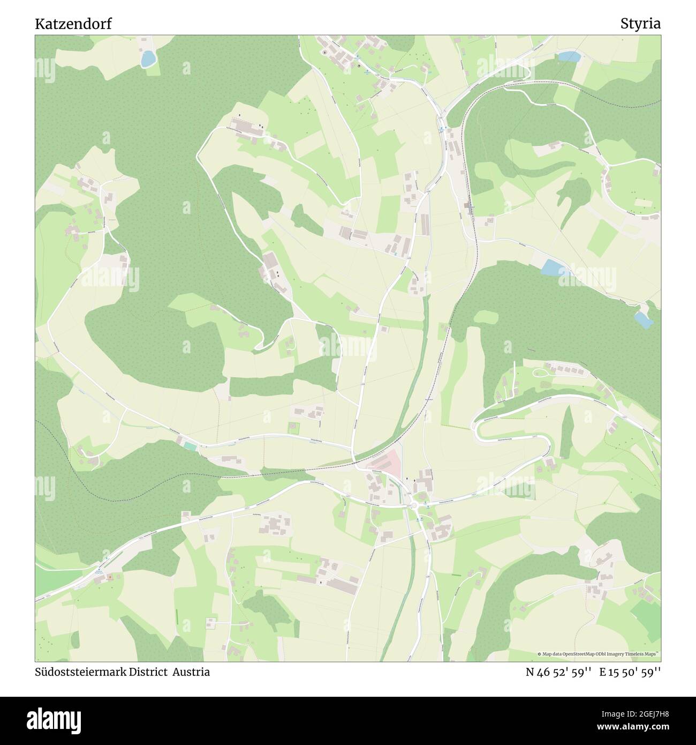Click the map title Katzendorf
(73, 24)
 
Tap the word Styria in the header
(640, 24)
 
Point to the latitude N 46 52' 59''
(558, 672)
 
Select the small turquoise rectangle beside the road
(190, 445)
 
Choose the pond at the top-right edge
(570, 56)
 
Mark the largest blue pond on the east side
(551, 267)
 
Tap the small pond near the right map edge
(643, 320)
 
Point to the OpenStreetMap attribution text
(600, 654)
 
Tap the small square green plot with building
(293, 428)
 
